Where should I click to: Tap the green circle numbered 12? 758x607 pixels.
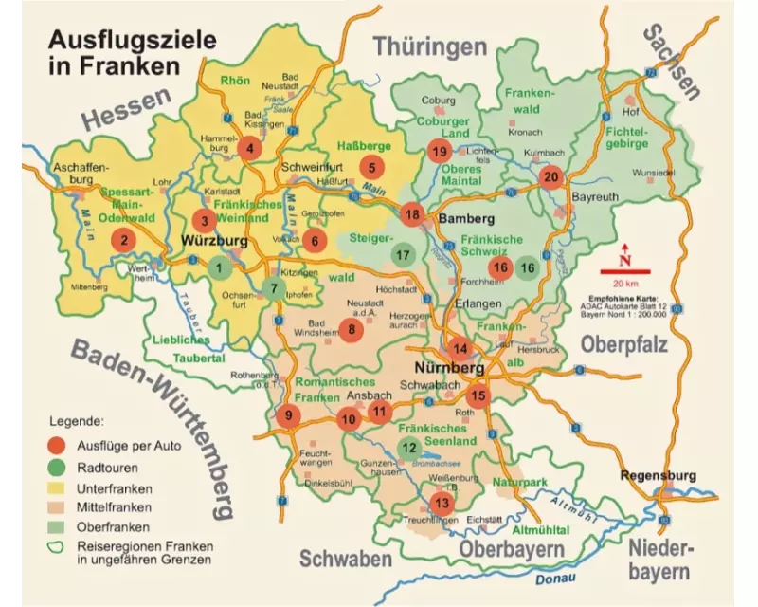(x=409, y=448)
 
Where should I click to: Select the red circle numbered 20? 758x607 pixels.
(x=550, y=176)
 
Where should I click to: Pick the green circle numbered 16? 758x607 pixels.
(x=529, y=267)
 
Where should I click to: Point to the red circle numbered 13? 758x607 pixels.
(x=441, y=502)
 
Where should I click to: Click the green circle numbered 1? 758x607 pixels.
(x=220, y=267)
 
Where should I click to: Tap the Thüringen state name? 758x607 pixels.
(x=430, y=46)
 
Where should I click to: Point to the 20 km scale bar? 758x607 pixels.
(x=623, y=272)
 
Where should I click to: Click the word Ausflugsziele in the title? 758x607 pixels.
(x=132, y=40)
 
